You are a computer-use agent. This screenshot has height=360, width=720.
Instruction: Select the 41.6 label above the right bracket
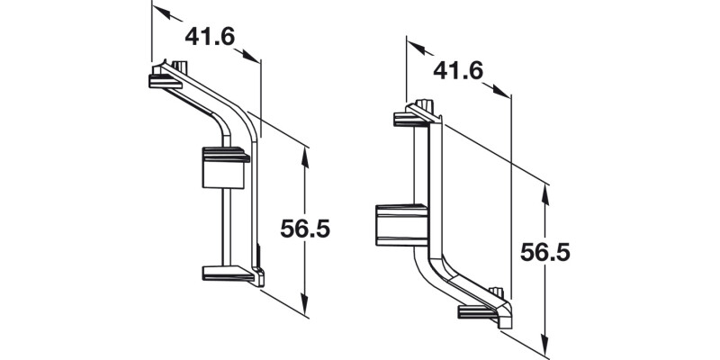tap(459, 69)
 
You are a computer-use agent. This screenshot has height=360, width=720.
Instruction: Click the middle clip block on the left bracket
tap(223, 167)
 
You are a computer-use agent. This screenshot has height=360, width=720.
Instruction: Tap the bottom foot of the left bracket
tap(229, 273)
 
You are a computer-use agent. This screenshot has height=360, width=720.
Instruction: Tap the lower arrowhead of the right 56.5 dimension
tap(545, 344)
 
